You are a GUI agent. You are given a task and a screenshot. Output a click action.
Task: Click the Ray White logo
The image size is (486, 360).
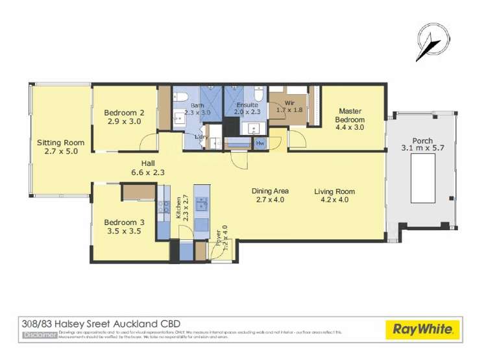(x=422, y=330)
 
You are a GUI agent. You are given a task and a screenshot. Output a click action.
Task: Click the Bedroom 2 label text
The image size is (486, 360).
(x=124, y=112)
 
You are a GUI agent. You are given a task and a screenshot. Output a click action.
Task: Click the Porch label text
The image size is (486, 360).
(x=422, y=141)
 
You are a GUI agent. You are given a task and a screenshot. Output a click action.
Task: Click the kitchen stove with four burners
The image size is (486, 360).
(x=162, y=207)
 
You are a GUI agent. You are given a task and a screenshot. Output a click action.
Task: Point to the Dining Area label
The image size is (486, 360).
(x=271, y=191)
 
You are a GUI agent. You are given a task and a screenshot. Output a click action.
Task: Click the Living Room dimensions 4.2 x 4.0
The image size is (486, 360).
(x=335, y=200)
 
